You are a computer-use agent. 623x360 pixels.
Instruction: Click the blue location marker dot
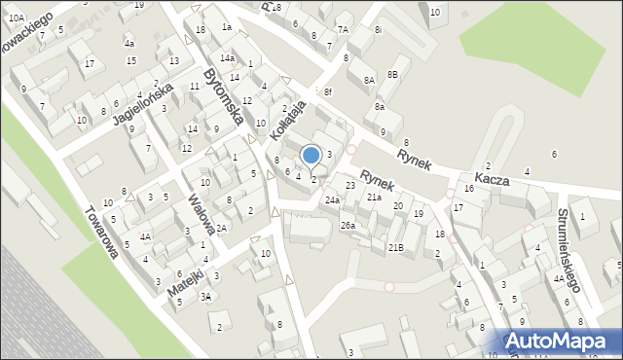tap(311, 154)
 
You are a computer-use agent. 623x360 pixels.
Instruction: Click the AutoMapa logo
tap(560, 341)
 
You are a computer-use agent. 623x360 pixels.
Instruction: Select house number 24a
tap(333, 200)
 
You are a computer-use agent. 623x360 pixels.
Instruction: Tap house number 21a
tap(374, 197)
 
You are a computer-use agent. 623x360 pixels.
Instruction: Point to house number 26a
tap(348, 226)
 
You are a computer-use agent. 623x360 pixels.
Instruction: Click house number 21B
tap(396, 248)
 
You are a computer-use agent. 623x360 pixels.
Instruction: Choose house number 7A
tap(343, 29)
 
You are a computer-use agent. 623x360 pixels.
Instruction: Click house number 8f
tap(329, 91)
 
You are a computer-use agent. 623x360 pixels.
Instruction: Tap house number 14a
tap(227, 58)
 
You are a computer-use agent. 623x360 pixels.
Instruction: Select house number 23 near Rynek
tap(350, 185)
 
